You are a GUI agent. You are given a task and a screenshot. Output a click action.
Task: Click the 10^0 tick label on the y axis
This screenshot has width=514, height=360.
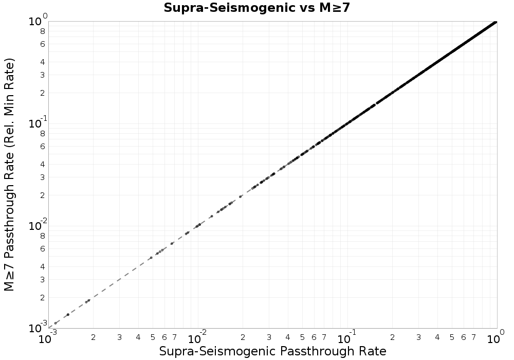38,21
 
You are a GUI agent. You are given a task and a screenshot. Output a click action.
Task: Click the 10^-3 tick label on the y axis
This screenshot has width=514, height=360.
38,327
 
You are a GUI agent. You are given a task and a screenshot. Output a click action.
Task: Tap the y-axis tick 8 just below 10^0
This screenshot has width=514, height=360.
42,31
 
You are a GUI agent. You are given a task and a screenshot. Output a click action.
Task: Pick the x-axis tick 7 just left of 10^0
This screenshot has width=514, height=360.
474,337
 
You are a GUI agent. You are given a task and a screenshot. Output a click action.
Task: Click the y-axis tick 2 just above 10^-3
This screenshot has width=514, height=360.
42,298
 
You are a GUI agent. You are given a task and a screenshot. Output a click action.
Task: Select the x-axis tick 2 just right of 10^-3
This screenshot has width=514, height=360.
94,337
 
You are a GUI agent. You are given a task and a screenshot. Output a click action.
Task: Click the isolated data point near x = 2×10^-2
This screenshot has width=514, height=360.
241,197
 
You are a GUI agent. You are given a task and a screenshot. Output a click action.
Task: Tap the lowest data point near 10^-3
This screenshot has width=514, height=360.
56,323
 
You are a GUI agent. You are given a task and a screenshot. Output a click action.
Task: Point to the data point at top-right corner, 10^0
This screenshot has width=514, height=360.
495,22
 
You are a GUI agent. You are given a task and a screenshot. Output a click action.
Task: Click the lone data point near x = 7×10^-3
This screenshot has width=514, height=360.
172,244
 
